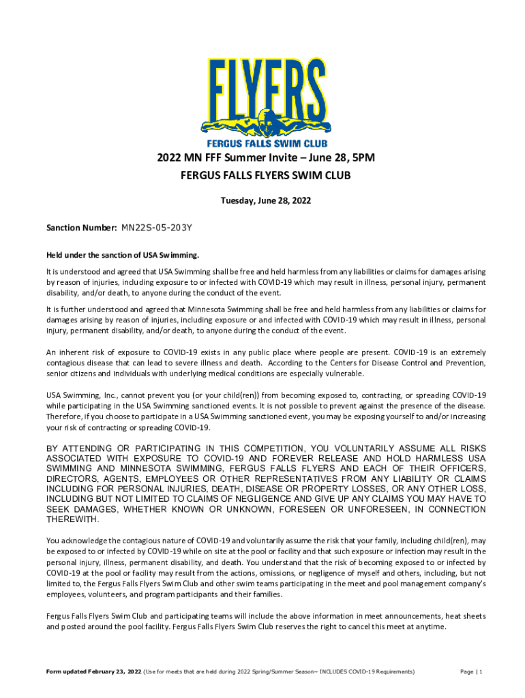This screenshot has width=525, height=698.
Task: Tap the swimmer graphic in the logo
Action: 262,126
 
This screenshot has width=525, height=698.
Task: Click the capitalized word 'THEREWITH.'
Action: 72,519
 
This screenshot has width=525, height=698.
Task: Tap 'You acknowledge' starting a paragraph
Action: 77,541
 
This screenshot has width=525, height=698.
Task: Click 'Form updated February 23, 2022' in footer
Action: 93,672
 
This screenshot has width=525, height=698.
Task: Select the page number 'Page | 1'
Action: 471,672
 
